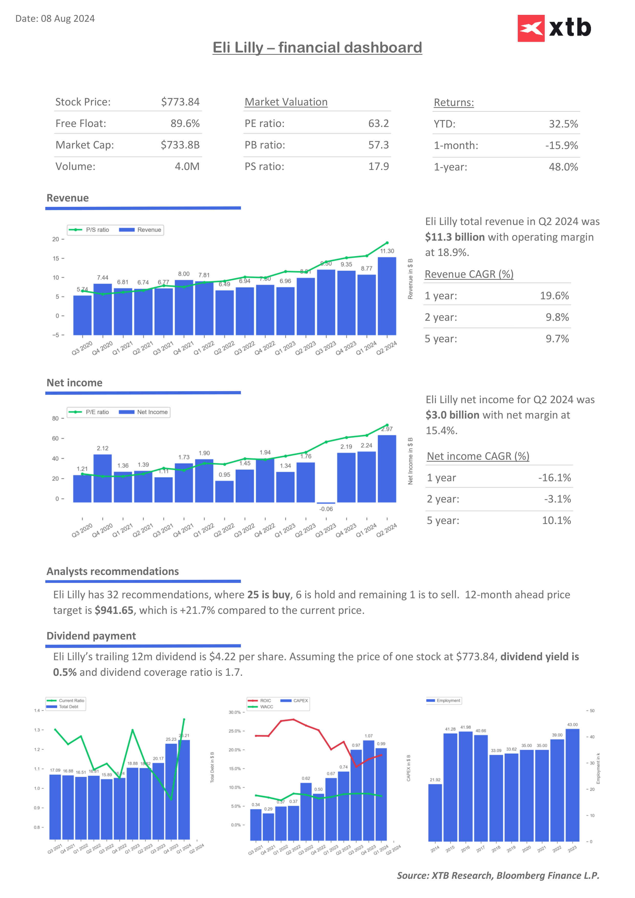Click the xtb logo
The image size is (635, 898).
pyautogui.click(x=554, y=28)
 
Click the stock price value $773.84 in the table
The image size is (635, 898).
pyautogui.click(x=180, y=102)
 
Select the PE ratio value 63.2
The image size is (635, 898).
pyautogui.click(x=378, y=124)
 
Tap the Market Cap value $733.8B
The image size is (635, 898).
pyautogui.click(x=180, y=145)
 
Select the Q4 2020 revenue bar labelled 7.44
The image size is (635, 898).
pyautogui.click(x=102, y=309)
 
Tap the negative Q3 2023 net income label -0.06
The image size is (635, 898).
pyautogui.click(x=326, y=509)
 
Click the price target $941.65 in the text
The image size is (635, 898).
pyautogui.click(x=114, y=611)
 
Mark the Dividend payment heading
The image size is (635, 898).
pyautogui.click(x=91, y=636)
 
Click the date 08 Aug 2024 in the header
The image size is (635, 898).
pyautogui.click(x=68, y=19)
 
